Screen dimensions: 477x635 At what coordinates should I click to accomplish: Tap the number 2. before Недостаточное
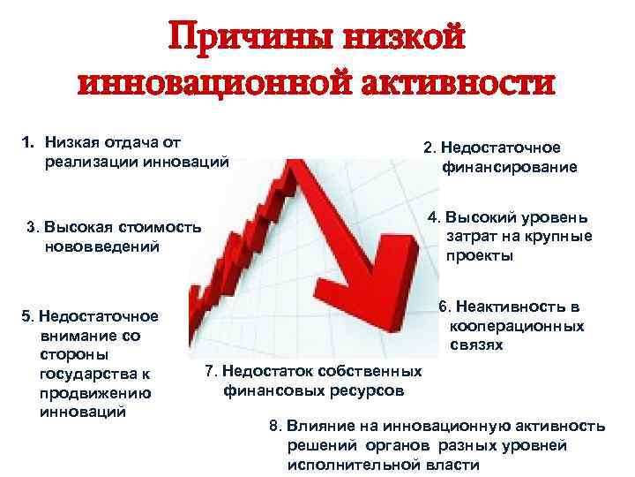click(x=430, y=148)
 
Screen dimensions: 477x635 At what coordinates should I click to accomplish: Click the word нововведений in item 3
click(x=102, y=246)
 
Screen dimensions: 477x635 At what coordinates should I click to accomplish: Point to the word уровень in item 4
click(x=552, y=217)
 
